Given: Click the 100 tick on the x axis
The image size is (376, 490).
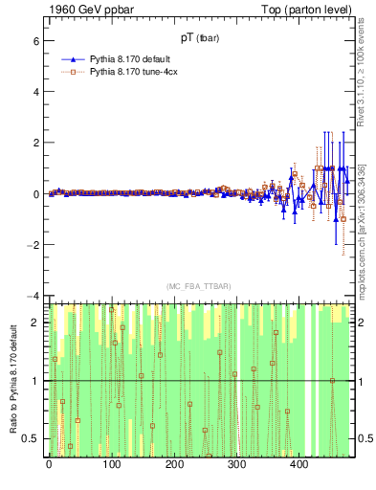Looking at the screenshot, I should click(x=111, y=464).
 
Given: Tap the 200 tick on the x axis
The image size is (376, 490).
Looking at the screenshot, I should click(x=173, y=464).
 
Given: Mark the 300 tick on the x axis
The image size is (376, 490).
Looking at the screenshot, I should click(x=235, y=464).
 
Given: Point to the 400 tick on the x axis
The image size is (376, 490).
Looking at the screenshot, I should click(x=298, y=464).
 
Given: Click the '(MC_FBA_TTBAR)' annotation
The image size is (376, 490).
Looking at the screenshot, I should click(x=199, y=286).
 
